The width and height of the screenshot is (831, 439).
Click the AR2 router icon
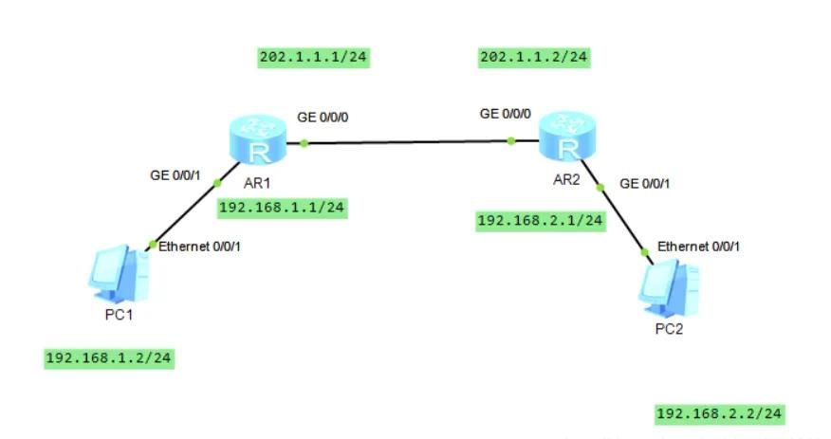click(x=567, y=139)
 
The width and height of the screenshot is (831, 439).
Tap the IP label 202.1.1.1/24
click(x=313, y=58)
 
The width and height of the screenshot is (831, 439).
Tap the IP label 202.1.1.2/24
click(x=534, y=58)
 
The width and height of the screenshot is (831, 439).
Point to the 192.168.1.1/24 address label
click(x=282, y=208)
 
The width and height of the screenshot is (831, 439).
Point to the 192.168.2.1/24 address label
click(x=540, y=221)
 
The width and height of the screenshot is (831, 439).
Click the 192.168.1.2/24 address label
click(x=109, y=357)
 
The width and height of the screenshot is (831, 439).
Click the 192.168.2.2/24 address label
click(x=720, y=413)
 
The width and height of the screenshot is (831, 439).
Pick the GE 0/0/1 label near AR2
click(x=645, y=184)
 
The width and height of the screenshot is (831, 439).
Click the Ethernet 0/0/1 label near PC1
click(x=200, y=247)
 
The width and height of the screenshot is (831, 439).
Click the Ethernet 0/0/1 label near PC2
click(x=698, y=247)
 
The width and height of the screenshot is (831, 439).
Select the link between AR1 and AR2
click(x=408, y=143)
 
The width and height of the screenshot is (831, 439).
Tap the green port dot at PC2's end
click(x=645, y=252)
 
